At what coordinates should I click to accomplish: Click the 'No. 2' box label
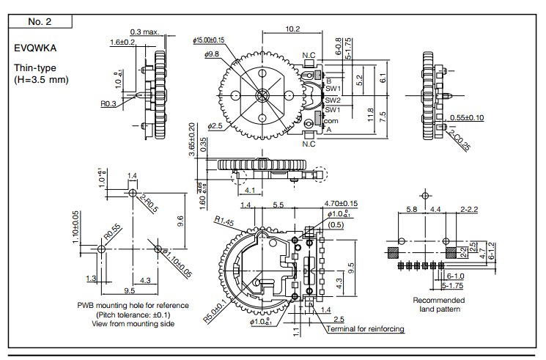39,22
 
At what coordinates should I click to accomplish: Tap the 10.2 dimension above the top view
292,29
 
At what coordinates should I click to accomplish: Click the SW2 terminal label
333,100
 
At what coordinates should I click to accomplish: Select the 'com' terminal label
330,120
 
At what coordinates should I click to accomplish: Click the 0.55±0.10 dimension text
467,117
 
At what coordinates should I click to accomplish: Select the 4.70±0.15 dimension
341,203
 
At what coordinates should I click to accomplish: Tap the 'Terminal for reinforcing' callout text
366,329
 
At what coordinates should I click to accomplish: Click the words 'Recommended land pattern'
438,304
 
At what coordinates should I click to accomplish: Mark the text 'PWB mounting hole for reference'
133,305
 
